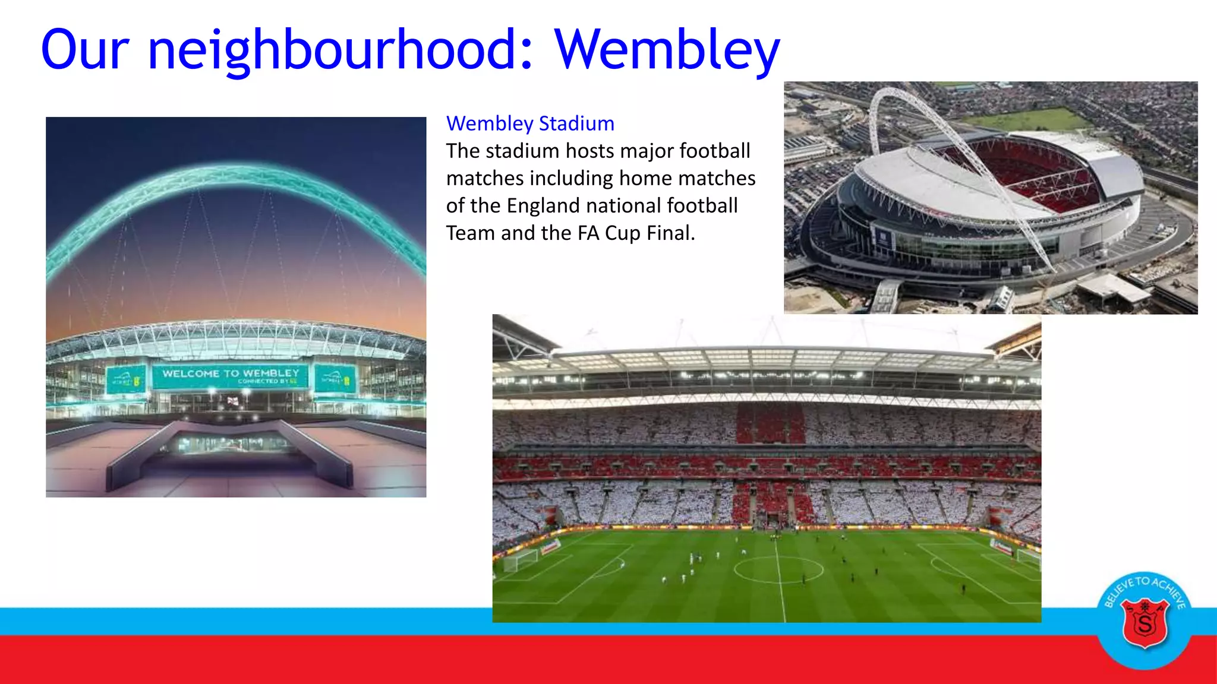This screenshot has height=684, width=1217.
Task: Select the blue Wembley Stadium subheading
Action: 530,123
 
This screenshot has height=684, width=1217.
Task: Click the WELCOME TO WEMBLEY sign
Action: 231,376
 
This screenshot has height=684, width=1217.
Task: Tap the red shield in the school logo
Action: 1145,623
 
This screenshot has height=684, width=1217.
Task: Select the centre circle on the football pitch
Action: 778,569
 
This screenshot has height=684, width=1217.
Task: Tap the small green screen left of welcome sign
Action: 126,379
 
